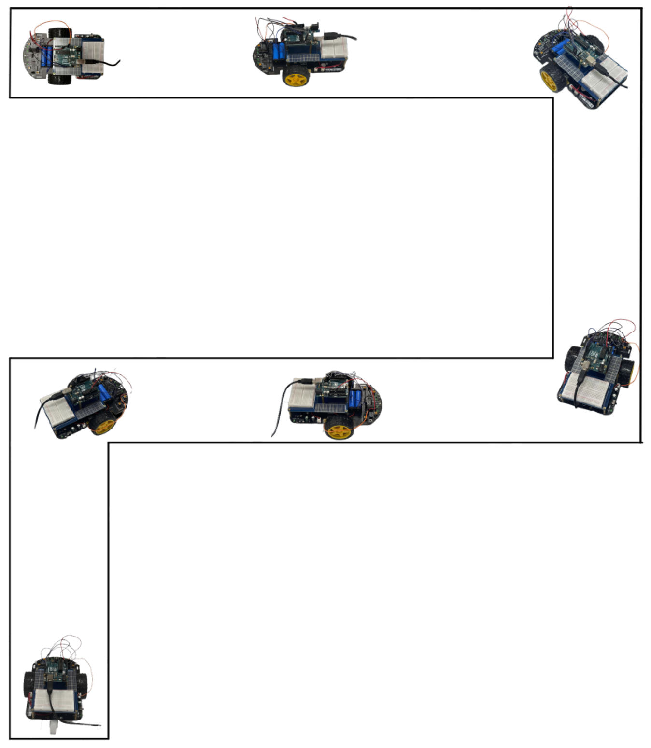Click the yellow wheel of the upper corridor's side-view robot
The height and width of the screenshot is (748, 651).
click(x=296, y=77)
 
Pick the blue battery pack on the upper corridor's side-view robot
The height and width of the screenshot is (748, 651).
click(x=279, y=51)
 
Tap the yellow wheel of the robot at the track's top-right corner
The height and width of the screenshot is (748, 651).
click(x=550, y=79)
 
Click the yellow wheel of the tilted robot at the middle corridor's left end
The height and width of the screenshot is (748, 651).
click(x=104, y=425)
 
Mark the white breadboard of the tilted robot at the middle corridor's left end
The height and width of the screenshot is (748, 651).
click(x=59, y=411)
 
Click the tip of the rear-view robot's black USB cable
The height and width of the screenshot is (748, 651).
click(x=99, y=725)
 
